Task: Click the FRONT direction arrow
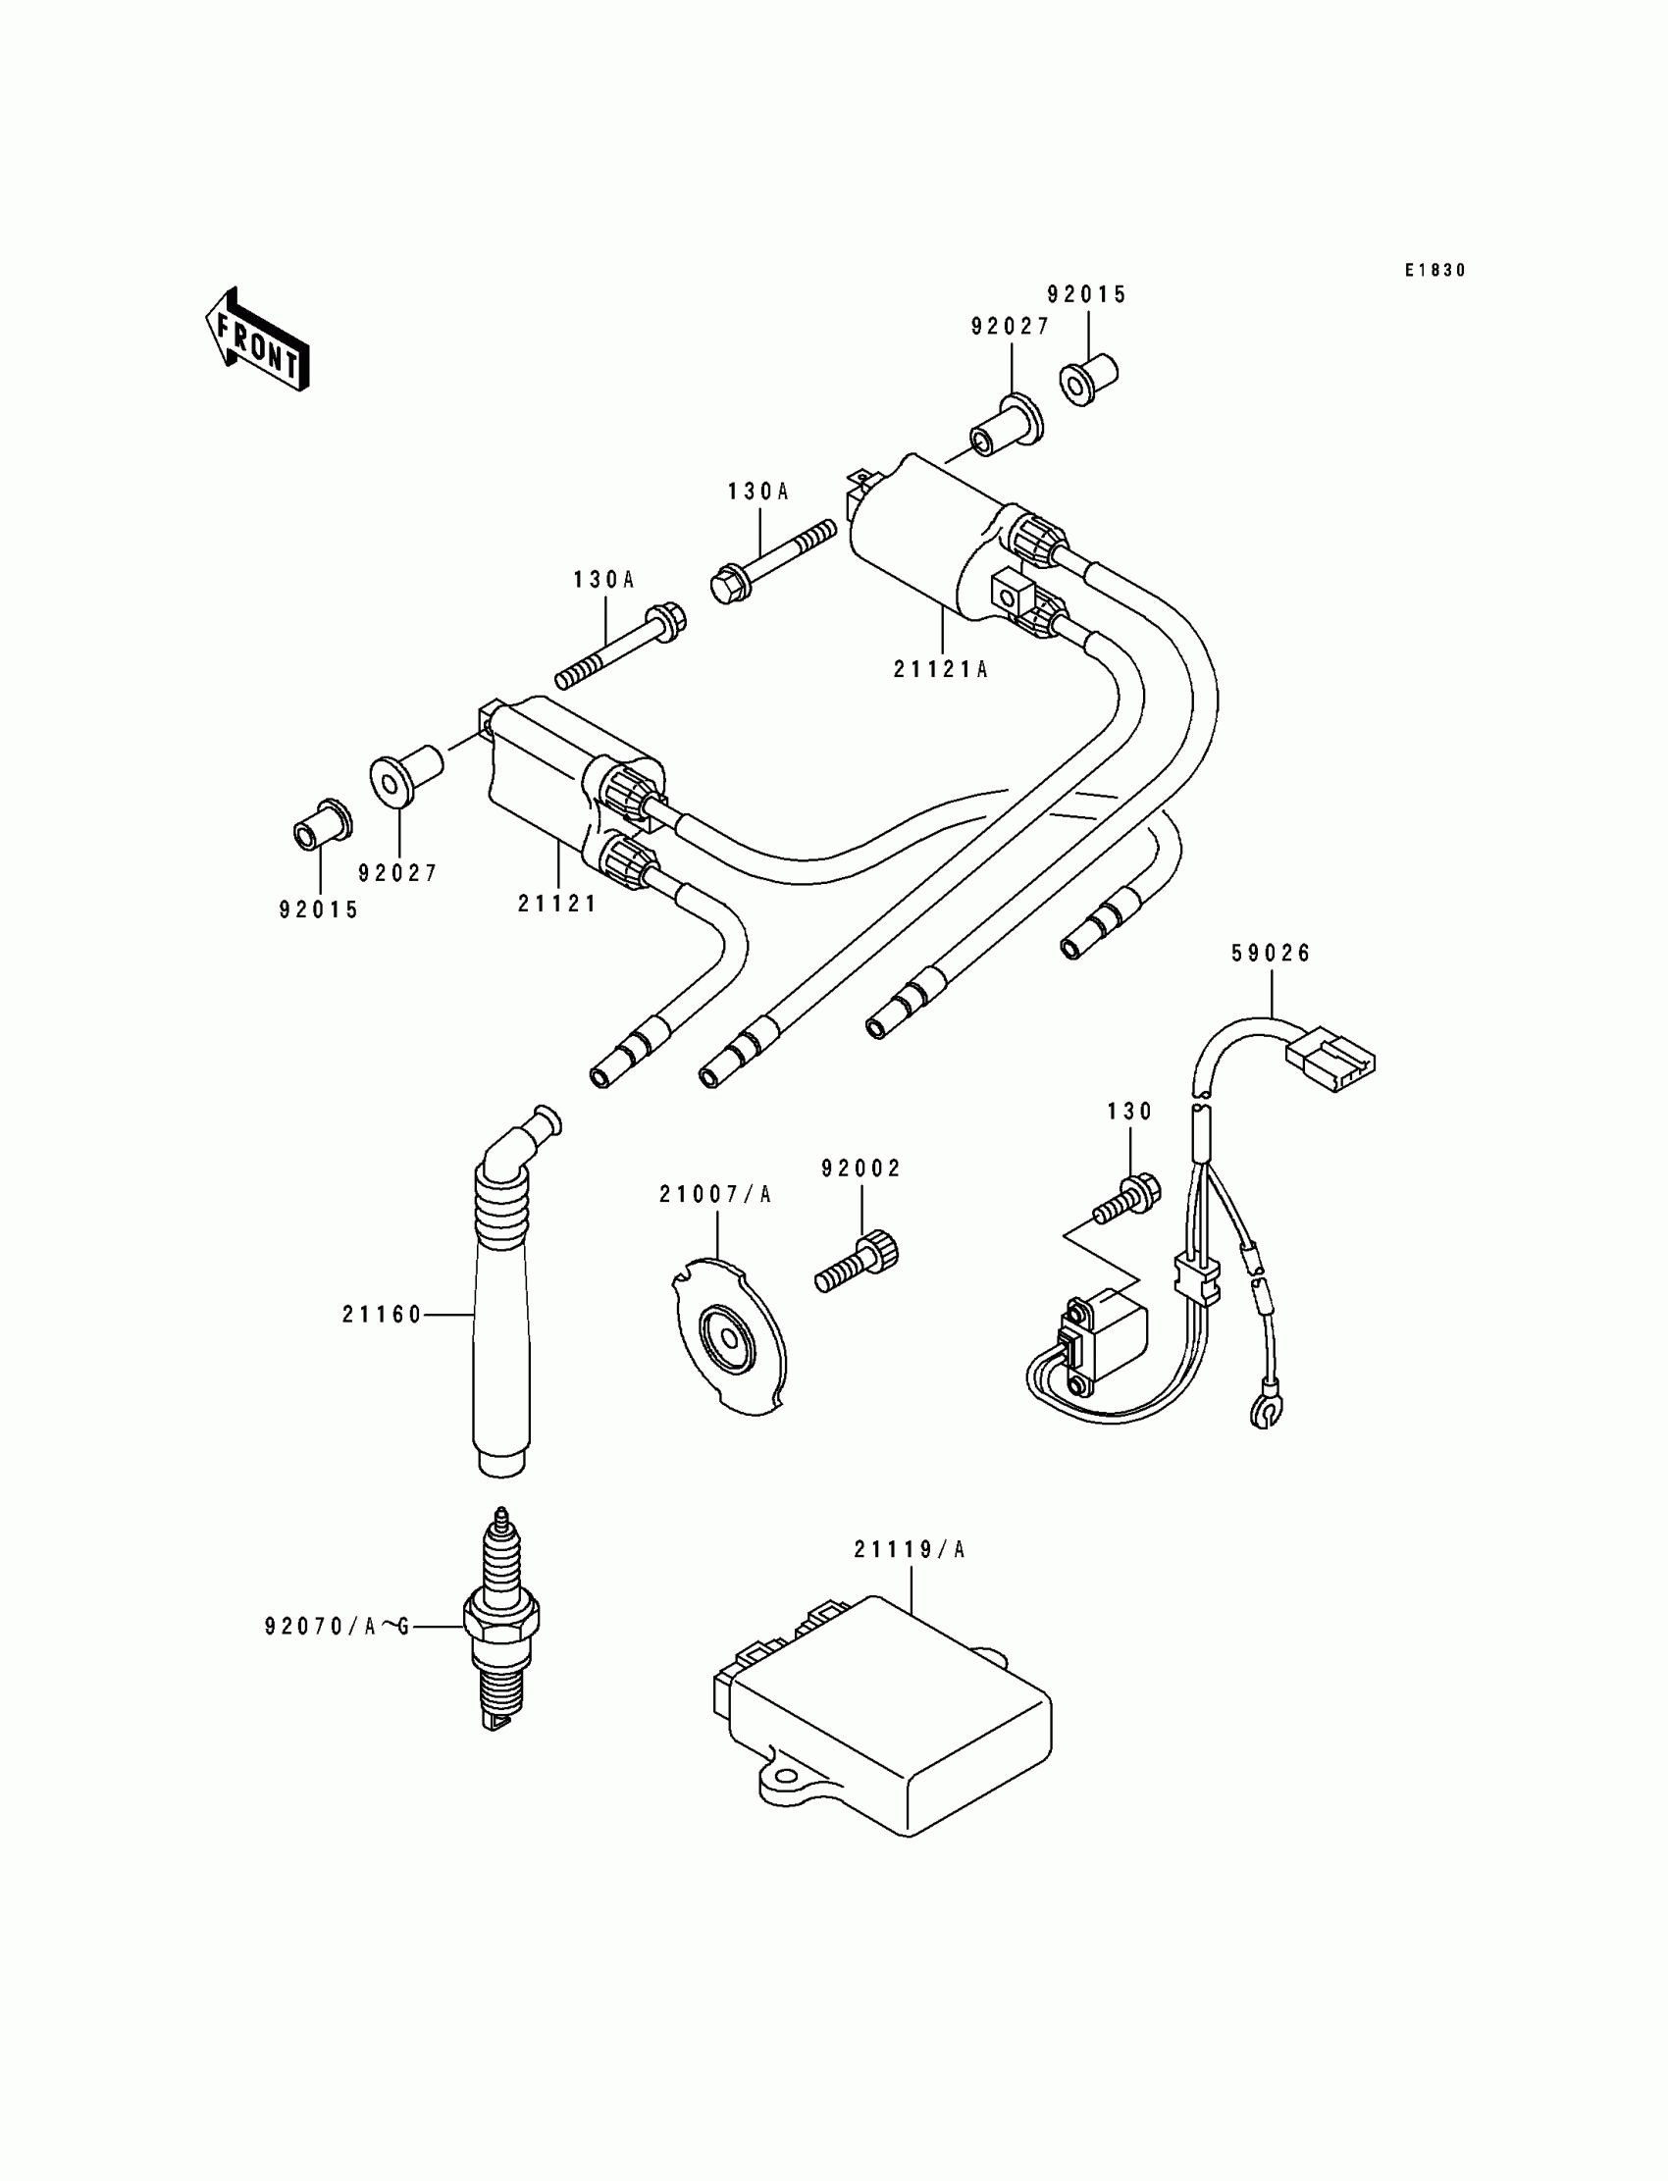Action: coord(257,339)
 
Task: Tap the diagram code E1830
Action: coord(1434,270)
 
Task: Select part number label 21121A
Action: coord(940,669)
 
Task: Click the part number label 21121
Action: coord(557,904)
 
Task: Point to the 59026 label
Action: coord(1271,953)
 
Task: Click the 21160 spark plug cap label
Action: coord(383,1316)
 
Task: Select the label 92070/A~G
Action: coord(337,1626)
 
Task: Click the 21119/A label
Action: coord(909,1549)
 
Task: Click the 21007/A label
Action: coord(715,1194)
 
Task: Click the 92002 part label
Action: coord(860,1169)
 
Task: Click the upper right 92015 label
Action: coord(1087,295)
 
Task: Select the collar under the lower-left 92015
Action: coord(321,823)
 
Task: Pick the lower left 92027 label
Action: coord(397,872)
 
